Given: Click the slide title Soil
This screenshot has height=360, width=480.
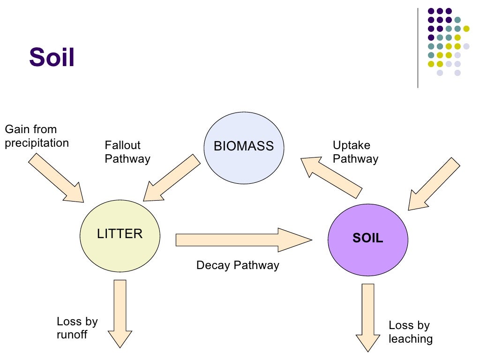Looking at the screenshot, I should (52, 58).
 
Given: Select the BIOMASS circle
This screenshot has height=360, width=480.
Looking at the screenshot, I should (243, 146).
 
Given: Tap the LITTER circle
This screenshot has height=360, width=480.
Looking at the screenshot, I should (120, 234).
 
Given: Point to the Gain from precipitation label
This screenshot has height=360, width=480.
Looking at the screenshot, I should (37, 136).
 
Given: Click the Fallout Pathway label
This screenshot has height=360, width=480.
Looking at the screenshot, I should (127, 152).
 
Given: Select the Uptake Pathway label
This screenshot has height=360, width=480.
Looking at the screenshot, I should (355, 152).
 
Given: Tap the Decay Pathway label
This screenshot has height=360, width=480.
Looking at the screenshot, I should (238, 265).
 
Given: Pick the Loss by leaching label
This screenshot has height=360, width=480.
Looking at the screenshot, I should (411, 332).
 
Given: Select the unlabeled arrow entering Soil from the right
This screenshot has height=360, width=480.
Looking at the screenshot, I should (434, 184).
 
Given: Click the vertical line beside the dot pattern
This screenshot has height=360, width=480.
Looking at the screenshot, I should (418, 47).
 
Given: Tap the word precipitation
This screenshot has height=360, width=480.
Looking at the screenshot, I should (37, 143).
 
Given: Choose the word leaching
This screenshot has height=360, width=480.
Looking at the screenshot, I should (411, 338).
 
